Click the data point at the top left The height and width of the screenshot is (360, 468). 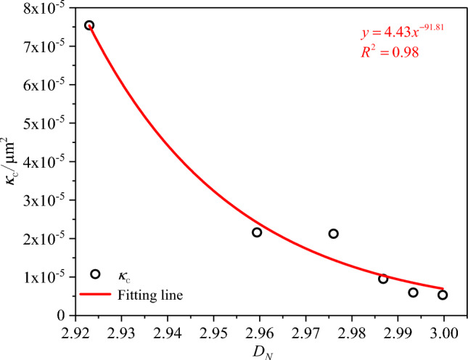click(89, 25)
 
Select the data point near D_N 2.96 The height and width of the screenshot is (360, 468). click(257, 232)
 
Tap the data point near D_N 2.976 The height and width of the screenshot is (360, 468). click(334, 234)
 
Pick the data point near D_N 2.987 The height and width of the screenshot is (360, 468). click(383, 279)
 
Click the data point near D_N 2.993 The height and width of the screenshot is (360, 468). click(414, 292)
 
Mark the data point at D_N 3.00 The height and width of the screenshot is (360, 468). click(443, 295)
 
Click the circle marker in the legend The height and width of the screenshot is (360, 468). click(95, 274)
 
